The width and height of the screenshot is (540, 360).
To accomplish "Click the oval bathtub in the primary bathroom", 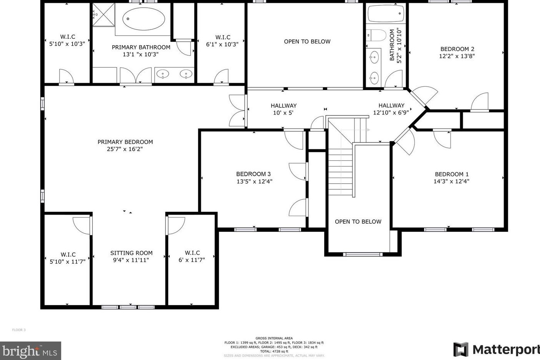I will click(144, 19).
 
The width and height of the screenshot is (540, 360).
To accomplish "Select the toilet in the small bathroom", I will click(376, 35).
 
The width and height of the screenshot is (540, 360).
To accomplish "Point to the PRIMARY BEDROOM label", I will click(125, 142).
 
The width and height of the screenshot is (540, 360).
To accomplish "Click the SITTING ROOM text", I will click(131, 253).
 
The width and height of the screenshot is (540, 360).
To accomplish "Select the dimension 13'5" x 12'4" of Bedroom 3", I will click(254, 182).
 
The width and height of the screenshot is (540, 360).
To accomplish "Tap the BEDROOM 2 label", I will click(457, 49).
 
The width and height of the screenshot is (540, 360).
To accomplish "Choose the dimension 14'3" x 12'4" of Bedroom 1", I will click(451, 182).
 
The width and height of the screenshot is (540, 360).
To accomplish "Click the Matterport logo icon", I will click(461, 350).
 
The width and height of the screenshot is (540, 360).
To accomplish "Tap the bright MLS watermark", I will click(30, 351).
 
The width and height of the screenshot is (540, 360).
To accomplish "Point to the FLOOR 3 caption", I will click(19, 330).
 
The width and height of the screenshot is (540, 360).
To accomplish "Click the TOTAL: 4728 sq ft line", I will click(274, 351).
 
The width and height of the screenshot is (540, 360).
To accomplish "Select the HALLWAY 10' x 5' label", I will click(283, 109).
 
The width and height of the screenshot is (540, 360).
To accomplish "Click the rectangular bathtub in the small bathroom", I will click(386, 14).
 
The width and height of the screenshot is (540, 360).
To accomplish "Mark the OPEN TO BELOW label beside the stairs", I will click(358, 222).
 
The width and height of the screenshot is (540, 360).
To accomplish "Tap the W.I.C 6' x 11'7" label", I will click(192, 256).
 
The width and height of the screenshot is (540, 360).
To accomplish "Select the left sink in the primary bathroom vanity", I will click(163, 74).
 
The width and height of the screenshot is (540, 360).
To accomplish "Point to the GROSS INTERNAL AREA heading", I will click(274, 338).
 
